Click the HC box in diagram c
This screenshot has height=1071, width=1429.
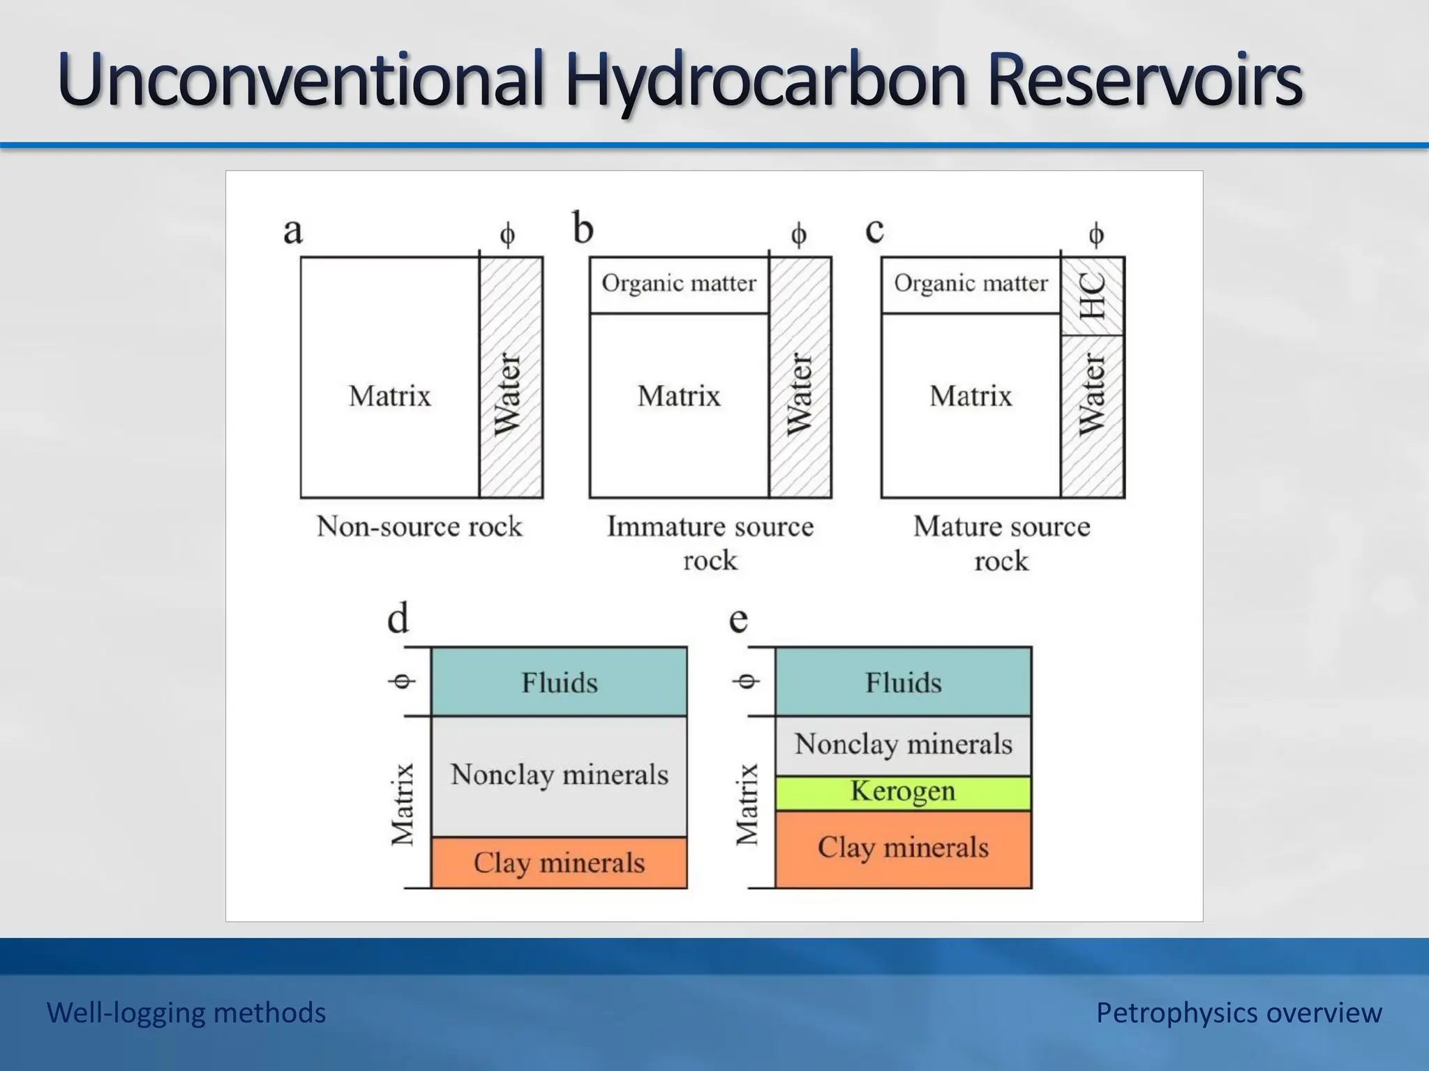[x=1092, y=296]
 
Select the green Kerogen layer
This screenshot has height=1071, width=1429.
[x=903, y=793]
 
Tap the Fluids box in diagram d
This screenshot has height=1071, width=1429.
[x=559, y=682]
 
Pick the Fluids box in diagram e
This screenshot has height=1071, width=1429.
[x=903, y=682]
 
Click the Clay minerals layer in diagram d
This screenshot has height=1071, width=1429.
[x=559, y=863]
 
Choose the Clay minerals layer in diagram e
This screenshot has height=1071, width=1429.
[x=903, y=849]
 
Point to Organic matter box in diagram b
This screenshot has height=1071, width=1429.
[x=679, y=284]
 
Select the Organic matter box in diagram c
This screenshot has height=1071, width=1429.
[x=971, y=284]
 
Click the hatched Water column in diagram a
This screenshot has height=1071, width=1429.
[x=511, y=377]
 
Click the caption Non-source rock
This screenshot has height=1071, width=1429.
[x=419, y=526]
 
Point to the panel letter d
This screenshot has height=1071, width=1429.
[x=398, y=618]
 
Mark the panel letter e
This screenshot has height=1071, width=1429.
[x=738, y=619]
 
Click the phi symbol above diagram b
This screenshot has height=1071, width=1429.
[x=799, y=234]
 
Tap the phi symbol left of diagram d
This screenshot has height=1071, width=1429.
[x=402, y=681]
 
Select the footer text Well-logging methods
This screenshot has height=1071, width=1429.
[x=186, y=1012]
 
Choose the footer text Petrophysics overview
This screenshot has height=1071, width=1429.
[x=1239, y=1012]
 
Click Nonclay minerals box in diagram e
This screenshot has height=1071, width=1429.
[x=903, y=745]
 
